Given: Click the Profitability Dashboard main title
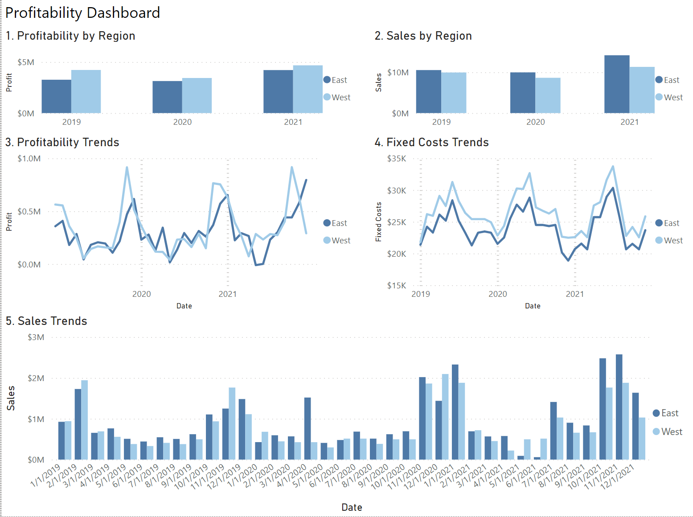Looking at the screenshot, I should [x=82, y=13].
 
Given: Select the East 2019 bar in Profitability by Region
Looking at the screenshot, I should [x=56, y=96].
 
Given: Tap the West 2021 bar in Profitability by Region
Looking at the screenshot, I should [x=308, y=89].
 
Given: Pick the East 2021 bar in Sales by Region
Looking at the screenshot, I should [x=617, y=84].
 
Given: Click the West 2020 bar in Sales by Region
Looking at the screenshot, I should [x=548, y=95].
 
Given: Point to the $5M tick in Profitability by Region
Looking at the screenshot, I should [x=26, y=62].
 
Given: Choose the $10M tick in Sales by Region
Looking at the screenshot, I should [x=398, y=73].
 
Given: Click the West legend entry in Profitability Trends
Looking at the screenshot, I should [x=337, y=241].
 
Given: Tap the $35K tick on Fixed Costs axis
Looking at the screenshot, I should [x=397, y=159].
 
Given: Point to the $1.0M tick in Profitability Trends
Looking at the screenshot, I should [x=29, y=159].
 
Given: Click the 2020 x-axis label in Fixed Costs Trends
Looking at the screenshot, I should [x=497, y=294].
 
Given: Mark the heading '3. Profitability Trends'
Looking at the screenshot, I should [x=62, y=142].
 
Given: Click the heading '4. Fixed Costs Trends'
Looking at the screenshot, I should [x=431, y=142].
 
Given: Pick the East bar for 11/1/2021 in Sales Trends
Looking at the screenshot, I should [x=619, y=407].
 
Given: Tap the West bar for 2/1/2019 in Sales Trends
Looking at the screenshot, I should [x=85, y=420].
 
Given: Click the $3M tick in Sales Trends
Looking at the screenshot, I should [x=36, y=337].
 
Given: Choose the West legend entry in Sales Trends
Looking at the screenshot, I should [x=667, y=432].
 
